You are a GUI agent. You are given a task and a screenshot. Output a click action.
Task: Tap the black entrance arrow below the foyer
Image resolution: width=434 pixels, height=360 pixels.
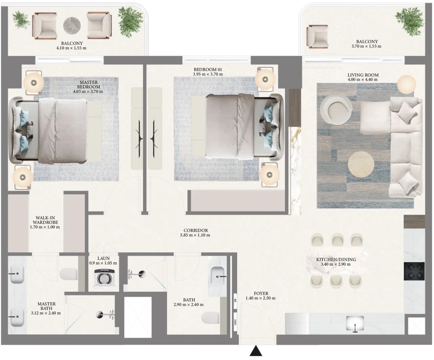coord(256,351)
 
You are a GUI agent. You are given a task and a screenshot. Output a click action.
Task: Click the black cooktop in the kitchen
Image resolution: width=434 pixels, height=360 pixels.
coord(414,271)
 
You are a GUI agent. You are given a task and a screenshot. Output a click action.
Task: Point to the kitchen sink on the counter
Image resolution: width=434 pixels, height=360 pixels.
coord(355,323)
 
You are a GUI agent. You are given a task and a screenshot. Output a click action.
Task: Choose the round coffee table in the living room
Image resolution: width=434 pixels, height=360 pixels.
coord(361,164)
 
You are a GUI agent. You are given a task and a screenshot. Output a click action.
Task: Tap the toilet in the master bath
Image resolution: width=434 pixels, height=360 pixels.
coord(68,274)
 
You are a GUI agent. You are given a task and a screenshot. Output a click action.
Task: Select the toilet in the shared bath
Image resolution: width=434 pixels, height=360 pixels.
coord(210,318)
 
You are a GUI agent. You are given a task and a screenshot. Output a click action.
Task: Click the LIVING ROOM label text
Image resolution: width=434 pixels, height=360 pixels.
coord(363,75)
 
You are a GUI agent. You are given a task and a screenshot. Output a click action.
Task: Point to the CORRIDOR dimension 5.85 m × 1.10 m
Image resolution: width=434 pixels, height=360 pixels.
coord(195,235)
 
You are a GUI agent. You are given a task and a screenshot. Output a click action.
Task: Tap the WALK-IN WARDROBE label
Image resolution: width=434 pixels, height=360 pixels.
coord(45,220)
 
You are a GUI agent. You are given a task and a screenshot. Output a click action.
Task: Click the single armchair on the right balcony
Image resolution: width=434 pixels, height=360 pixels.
coord(318,36)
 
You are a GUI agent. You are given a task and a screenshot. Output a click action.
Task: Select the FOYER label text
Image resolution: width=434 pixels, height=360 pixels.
coord(261,293)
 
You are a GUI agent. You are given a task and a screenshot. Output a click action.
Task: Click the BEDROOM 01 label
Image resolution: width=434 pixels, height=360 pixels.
coord(208,69)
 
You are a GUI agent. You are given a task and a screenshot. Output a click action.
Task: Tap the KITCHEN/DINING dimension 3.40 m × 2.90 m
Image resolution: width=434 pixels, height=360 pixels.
coord(335,264)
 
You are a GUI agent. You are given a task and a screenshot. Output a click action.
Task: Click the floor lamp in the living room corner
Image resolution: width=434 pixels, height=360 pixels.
coord(407,84)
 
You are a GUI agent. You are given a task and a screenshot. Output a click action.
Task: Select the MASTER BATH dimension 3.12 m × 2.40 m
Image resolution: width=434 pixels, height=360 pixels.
coord(46,313)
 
